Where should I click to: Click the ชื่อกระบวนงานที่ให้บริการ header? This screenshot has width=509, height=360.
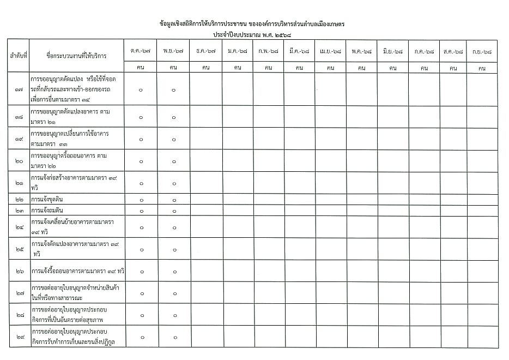pos(76,56)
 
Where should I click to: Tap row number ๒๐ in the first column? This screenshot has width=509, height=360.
pos(19,161)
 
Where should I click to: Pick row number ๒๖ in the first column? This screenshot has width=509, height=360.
pos(19,271)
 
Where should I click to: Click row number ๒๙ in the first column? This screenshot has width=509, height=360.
pos(19,337)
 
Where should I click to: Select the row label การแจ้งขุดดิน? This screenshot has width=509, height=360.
pos(54,200)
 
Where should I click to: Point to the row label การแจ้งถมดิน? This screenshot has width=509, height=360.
pos(54,210)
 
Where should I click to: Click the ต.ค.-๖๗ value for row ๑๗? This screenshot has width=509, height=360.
pos(141,90)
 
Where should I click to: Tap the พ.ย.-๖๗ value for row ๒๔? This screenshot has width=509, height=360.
pos(173,227)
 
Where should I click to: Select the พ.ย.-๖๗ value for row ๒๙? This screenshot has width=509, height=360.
pos(173,337)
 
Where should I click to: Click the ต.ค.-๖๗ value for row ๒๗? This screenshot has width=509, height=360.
pos(141,293)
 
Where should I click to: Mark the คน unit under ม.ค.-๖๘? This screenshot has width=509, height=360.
pos(238,68)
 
